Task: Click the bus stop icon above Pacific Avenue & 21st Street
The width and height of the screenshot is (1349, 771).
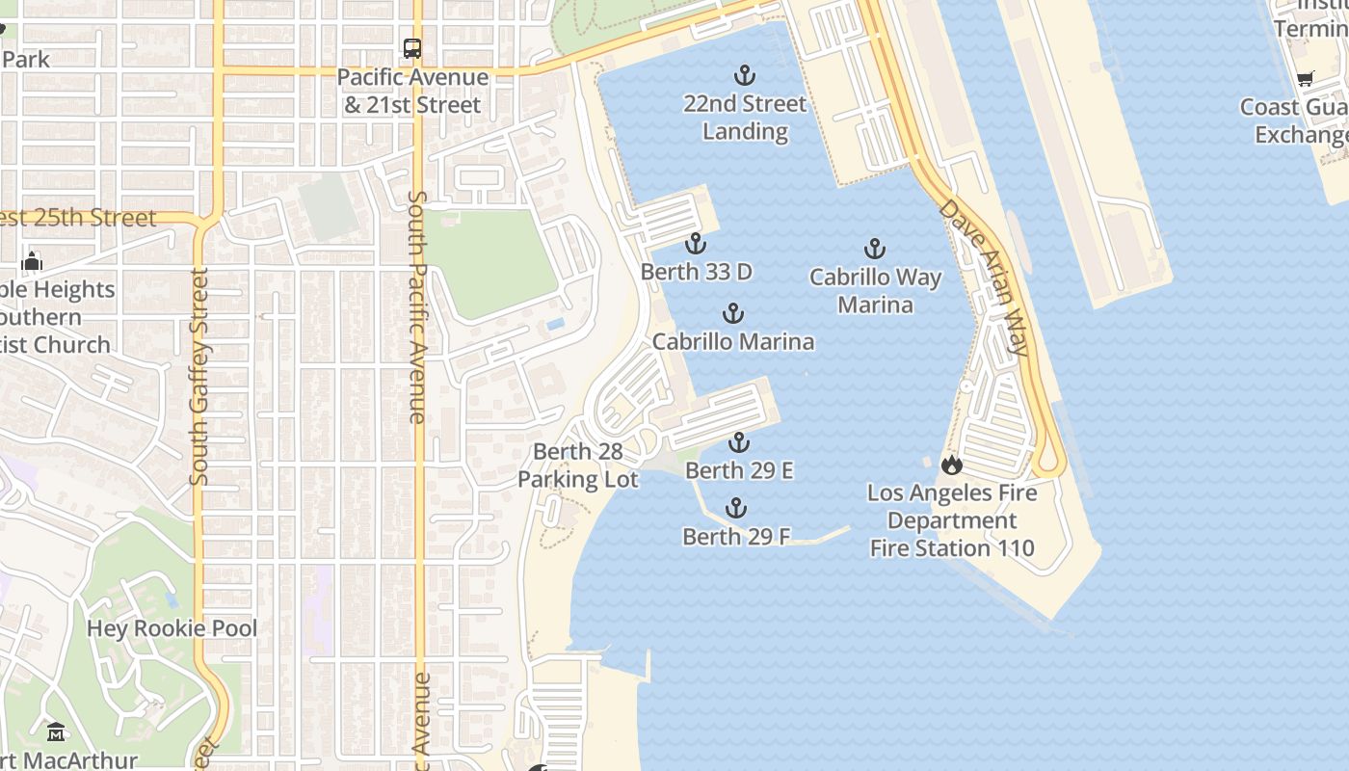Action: [411, 48]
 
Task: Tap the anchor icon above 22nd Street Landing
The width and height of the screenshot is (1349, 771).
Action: [744, 75]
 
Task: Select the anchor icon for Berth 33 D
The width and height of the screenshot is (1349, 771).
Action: [696, 244]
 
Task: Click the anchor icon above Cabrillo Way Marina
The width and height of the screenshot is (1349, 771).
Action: [874, 250]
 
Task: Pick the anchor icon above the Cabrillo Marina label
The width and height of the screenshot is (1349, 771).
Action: [733, 314]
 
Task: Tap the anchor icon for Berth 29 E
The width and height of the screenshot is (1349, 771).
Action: [738, 443]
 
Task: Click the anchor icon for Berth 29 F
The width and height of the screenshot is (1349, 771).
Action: [736, 509]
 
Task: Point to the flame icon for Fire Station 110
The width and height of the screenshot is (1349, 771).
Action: [952, 465]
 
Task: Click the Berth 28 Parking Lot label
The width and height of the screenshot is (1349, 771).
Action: [578, 465]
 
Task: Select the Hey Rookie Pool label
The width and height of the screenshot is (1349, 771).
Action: [172, 629]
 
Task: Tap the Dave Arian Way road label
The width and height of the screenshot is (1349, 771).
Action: [985, 278]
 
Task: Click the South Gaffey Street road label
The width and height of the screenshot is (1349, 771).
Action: [199, 376]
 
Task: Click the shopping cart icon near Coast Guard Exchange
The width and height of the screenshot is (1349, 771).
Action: [1305, 79]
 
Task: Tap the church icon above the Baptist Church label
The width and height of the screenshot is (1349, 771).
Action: [32, 261]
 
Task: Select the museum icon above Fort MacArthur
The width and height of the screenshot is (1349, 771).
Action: [56, 732]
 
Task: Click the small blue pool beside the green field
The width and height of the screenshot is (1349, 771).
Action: [555, 324]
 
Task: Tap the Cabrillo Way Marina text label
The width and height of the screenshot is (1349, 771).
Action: [875, 291]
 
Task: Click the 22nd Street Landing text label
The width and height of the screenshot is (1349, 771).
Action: [745, 118]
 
